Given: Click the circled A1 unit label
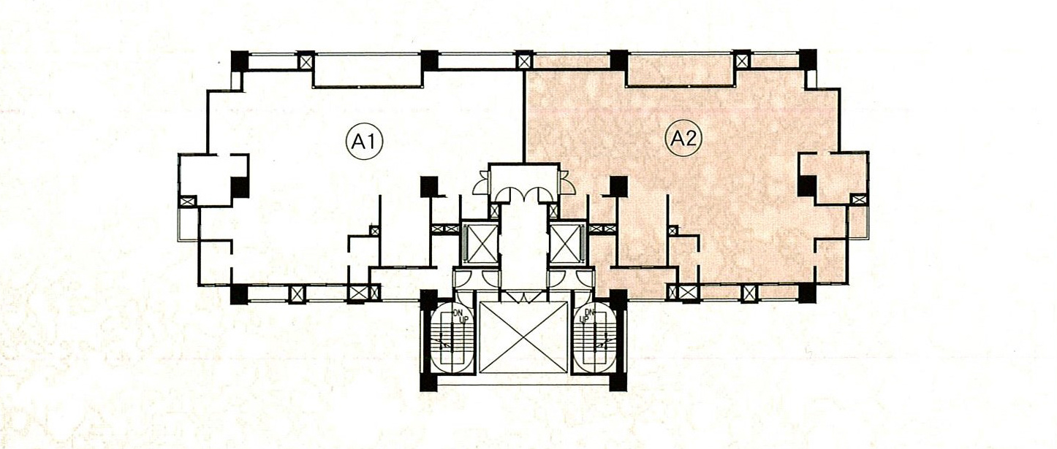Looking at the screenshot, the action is point(364,142).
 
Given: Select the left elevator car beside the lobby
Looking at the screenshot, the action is point(481,243).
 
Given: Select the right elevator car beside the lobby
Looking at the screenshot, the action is point(566,243).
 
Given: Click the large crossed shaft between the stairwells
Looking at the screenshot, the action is point(523,337).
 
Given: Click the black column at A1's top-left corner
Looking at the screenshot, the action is point(240,61).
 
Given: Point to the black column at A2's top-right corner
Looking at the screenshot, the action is point(808,60).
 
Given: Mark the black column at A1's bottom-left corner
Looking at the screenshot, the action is point(239,294).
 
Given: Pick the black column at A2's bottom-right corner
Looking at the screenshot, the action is point(808,293).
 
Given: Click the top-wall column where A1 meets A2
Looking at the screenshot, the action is point(523,61).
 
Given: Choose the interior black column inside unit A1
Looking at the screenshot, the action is point(429,187).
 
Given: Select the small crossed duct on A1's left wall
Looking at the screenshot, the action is point(187,202).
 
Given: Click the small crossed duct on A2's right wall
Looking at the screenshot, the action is point(858,199).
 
